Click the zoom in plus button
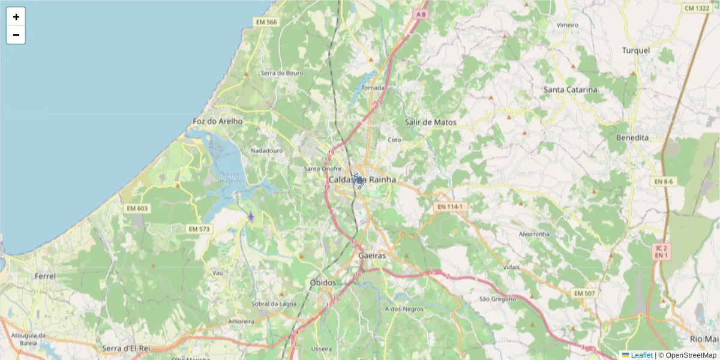(x=16, y=17)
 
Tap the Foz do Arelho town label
(x=217, y=121)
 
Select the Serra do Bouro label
(x=282, y=73)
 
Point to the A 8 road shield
(x=422, y=14)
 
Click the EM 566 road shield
(x=266, y=22)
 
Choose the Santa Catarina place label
(x=570, y=90)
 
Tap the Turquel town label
(x=636, y=50)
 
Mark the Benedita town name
(x=632, y=137)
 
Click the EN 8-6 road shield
(x=664, y=181)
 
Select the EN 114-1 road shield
(x=449, y=207)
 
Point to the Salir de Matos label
(x=430, y=122)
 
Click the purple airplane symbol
(x=251, y=216)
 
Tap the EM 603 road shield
(x=137, y=208)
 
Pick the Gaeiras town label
(x=372, y=255)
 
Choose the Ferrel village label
(x=45, y=277)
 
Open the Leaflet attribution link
(x=641, y=355)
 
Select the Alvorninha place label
(x=533, y=234)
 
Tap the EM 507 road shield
(x=584, y=293)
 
